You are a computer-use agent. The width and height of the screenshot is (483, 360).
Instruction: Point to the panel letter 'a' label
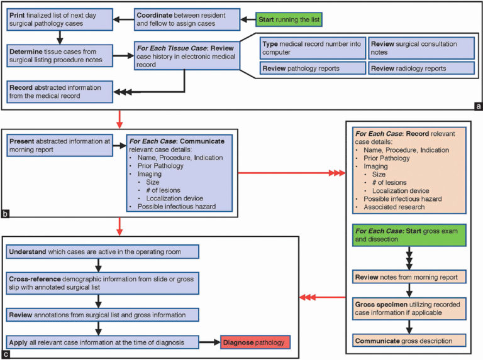tap(476, 105)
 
